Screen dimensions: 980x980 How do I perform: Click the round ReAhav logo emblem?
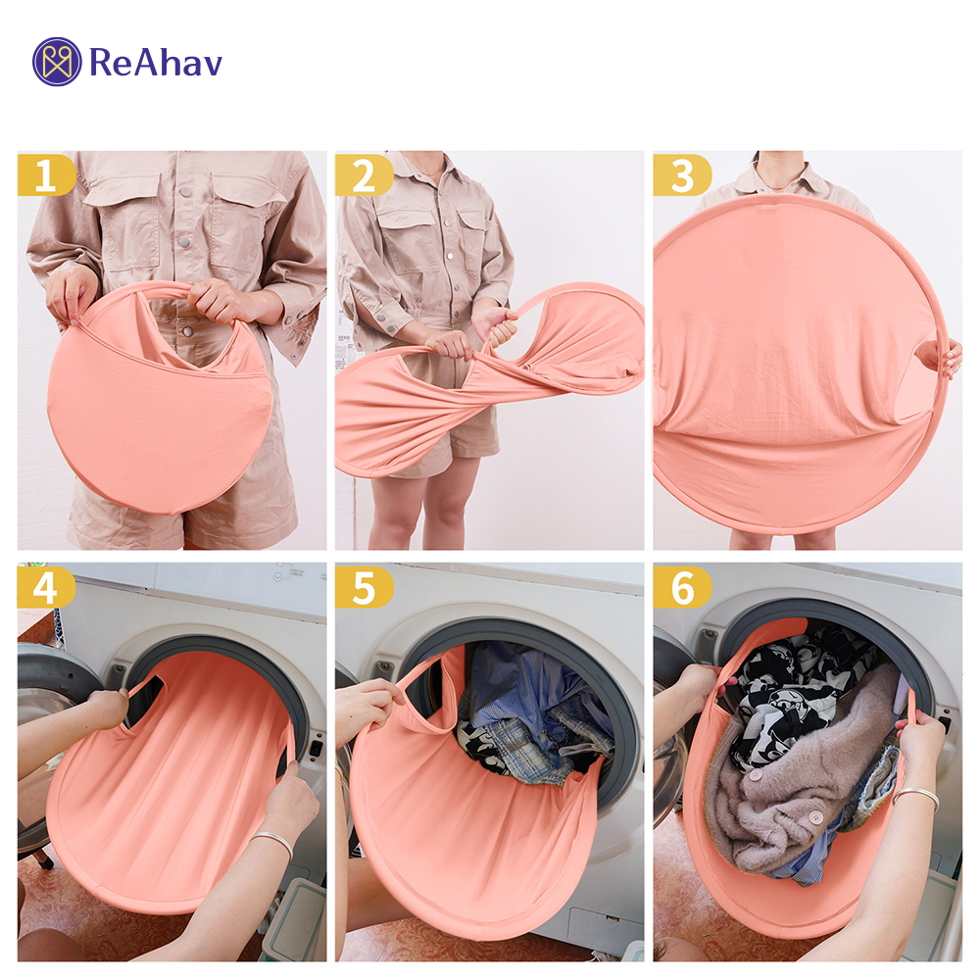click(x=57, y=61)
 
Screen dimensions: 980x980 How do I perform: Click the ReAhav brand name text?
click(x=156, y=63)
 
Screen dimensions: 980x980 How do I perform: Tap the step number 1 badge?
click(x=46, y=175)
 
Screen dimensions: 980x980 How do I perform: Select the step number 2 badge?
click(x=364, y=175)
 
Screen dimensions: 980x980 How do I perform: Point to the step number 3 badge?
click(x=682, y=175)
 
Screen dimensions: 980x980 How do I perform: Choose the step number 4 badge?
click(x=46, y=587)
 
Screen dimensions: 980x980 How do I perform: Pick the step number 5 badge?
click(x=364, y=587)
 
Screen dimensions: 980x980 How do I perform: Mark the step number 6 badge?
click(x=682, y=587)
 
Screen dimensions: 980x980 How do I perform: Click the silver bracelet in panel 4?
click(x=273, y=841)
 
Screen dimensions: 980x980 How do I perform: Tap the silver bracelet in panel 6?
click(x=917, y=798)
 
